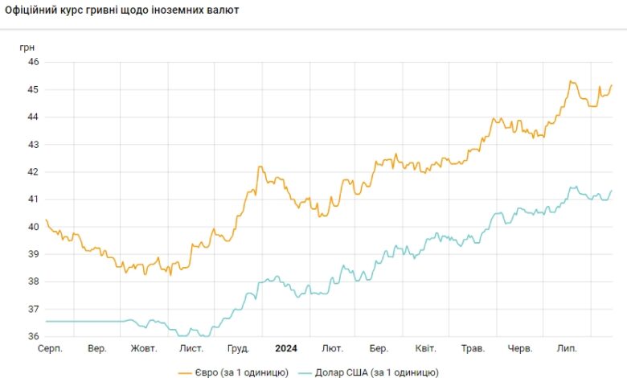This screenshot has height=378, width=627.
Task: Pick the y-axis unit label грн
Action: click(x=27, y=47)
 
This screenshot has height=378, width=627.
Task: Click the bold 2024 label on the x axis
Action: click(x=286, y=348)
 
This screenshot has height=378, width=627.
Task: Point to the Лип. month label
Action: click(x=568, y=348)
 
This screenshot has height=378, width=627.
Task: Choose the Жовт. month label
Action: click(x=144, y=348)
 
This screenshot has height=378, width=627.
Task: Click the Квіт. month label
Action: click(x=426, y=348)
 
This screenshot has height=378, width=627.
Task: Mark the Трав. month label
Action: click(x=473, y=348)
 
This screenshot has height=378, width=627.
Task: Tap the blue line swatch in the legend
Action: click(x=305, y=372)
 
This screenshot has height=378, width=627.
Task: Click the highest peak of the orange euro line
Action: click(x=570, y=81)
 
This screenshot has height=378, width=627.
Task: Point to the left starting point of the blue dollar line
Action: click(x=47, y=321)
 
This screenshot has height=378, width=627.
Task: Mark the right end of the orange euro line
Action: click(x=612, y=85)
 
